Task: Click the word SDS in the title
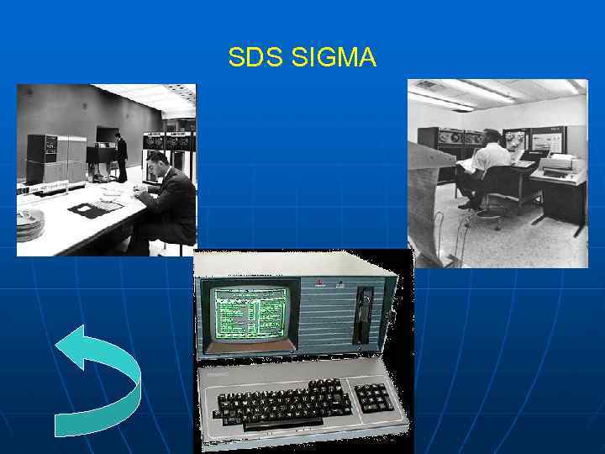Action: pyautogui.click(x=255, y=58)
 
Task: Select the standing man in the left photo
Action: pyautogui.click(x=121, y=157)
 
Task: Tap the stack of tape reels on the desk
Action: pyautogui.click(x=30, y=224)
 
